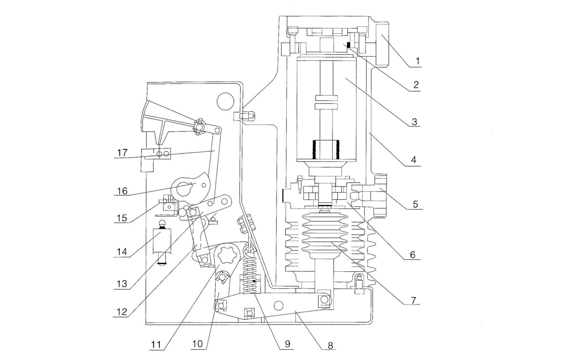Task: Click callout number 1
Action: tap(418, 61)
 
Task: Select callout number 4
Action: tap(414, 159)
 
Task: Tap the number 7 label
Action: tap(413, 300)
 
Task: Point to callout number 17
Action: tap(122, 152)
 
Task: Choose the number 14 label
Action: tap(122, 251)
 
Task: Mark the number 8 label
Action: tap(330, 345)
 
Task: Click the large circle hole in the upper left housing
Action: tap(225, 100)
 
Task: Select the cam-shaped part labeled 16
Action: tap(189, 186)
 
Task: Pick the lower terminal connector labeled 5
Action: tap(373, 194)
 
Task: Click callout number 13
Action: tap(122, 284)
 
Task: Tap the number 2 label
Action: tap(416, 85)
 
